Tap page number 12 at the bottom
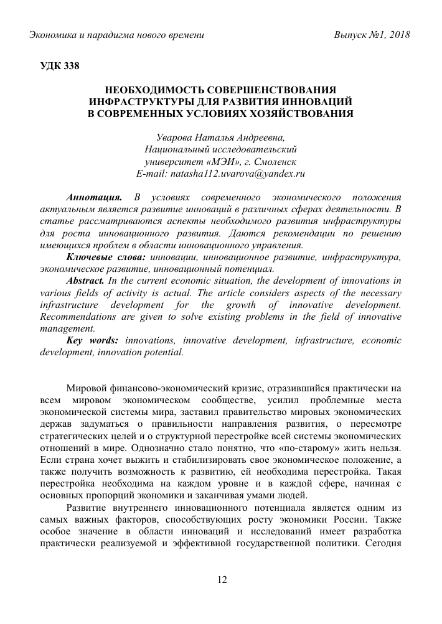221,580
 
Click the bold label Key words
92,340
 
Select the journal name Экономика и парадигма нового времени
117,36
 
